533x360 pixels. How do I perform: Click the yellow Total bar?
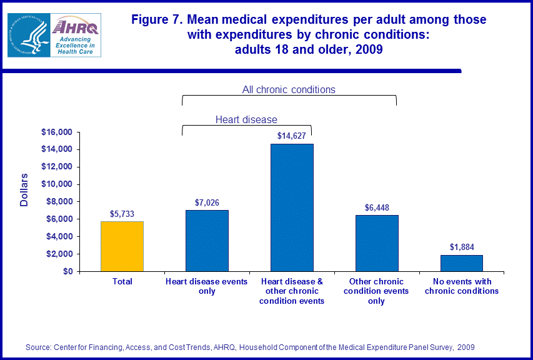[122, 246]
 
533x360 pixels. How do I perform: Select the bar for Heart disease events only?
[207, 241]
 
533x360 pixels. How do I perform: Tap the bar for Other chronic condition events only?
[377, 243]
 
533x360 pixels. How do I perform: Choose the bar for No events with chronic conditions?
[461, 263]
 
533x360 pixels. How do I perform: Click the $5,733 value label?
[122, 214]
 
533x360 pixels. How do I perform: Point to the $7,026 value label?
[207, 202]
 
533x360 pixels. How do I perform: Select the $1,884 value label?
[461, 247]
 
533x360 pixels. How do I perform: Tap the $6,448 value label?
[377, 207]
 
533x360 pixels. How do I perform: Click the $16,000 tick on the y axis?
[56, 132]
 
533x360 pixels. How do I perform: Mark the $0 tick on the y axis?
[67, 272]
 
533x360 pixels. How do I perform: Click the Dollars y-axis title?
[24, 191]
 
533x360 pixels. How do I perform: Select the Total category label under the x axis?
[122, 282]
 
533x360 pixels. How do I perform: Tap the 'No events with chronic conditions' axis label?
[461, 286]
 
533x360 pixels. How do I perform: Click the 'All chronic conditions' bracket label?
[289, 89]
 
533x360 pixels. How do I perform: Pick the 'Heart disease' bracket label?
[246, 119]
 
